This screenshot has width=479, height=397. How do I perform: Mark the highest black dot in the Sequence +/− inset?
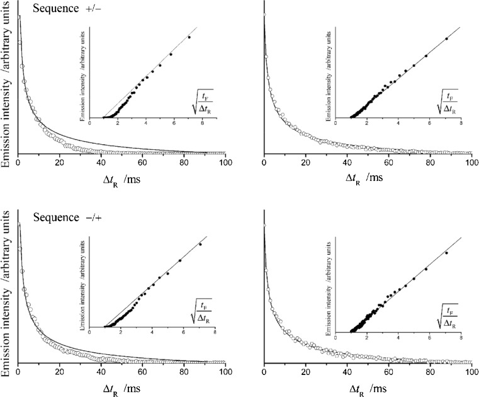(x=189, y=37)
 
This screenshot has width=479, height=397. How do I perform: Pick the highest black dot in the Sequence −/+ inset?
(x=200, y=245)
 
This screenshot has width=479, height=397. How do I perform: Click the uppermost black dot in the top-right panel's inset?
(x=446, y=39)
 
